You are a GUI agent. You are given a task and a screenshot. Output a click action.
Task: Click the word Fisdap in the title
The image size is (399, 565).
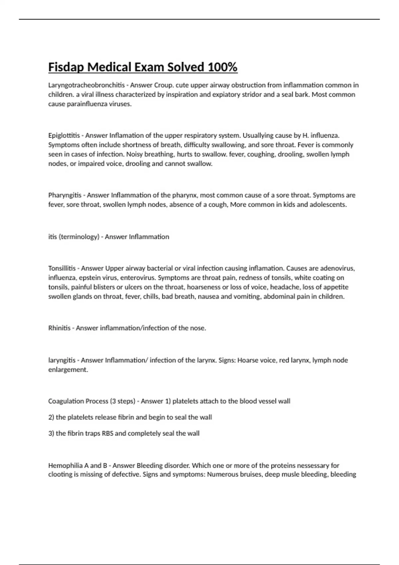click(x=66, y=67)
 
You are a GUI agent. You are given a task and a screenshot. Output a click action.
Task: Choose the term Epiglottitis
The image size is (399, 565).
click(x=64, y=136)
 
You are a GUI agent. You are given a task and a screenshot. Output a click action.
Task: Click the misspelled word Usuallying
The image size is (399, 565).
click(x=260, y=136)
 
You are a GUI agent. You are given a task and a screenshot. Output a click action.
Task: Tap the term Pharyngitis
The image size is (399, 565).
click(x=65, y=195)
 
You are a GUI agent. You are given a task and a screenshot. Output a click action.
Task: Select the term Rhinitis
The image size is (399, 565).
click(x=60, y=328)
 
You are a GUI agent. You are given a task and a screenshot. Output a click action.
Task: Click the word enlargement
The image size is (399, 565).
click(x=68, y=370)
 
